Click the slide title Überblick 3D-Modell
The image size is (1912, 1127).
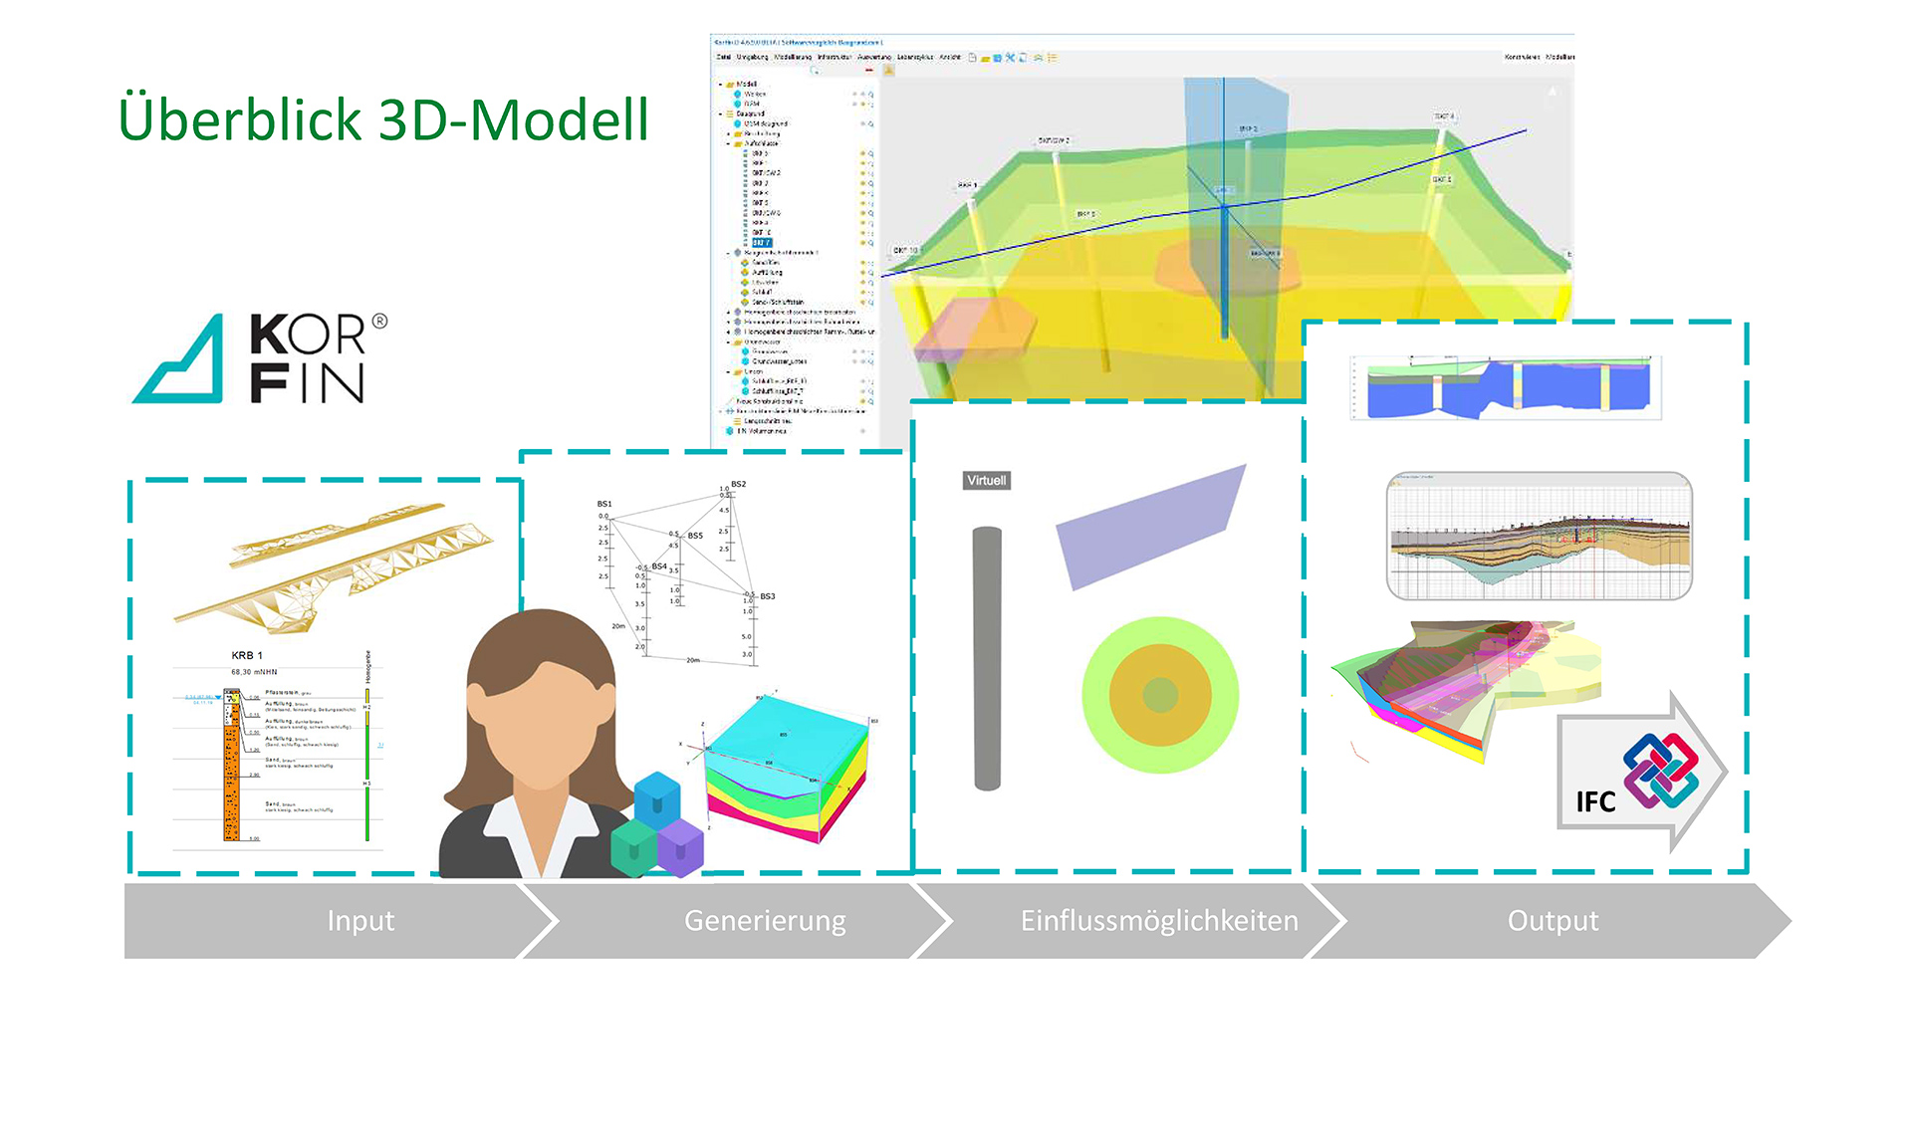point(383,120)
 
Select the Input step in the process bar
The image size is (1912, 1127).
point(360,921)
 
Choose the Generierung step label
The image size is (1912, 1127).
point(765,921)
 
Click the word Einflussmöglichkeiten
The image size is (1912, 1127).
point(1159,921)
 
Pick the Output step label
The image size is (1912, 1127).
point(1553,921)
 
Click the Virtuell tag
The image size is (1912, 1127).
point(986,481)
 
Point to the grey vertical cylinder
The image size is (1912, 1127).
point(987,657)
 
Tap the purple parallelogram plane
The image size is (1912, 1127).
point(1150,528)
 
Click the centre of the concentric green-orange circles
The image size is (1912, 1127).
point(1160,695)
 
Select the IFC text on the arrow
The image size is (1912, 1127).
point(1595,802)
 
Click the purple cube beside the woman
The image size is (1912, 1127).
point(682,846)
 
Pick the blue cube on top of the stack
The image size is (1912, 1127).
point(656,798)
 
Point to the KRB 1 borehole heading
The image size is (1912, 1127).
point(247,656)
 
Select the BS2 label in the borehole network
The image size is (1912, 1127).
point(738,485)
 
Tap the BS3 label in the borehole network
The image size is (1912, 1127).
point(767,596)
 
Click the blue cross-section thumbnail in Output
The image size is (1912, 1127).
point(1507,388)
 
